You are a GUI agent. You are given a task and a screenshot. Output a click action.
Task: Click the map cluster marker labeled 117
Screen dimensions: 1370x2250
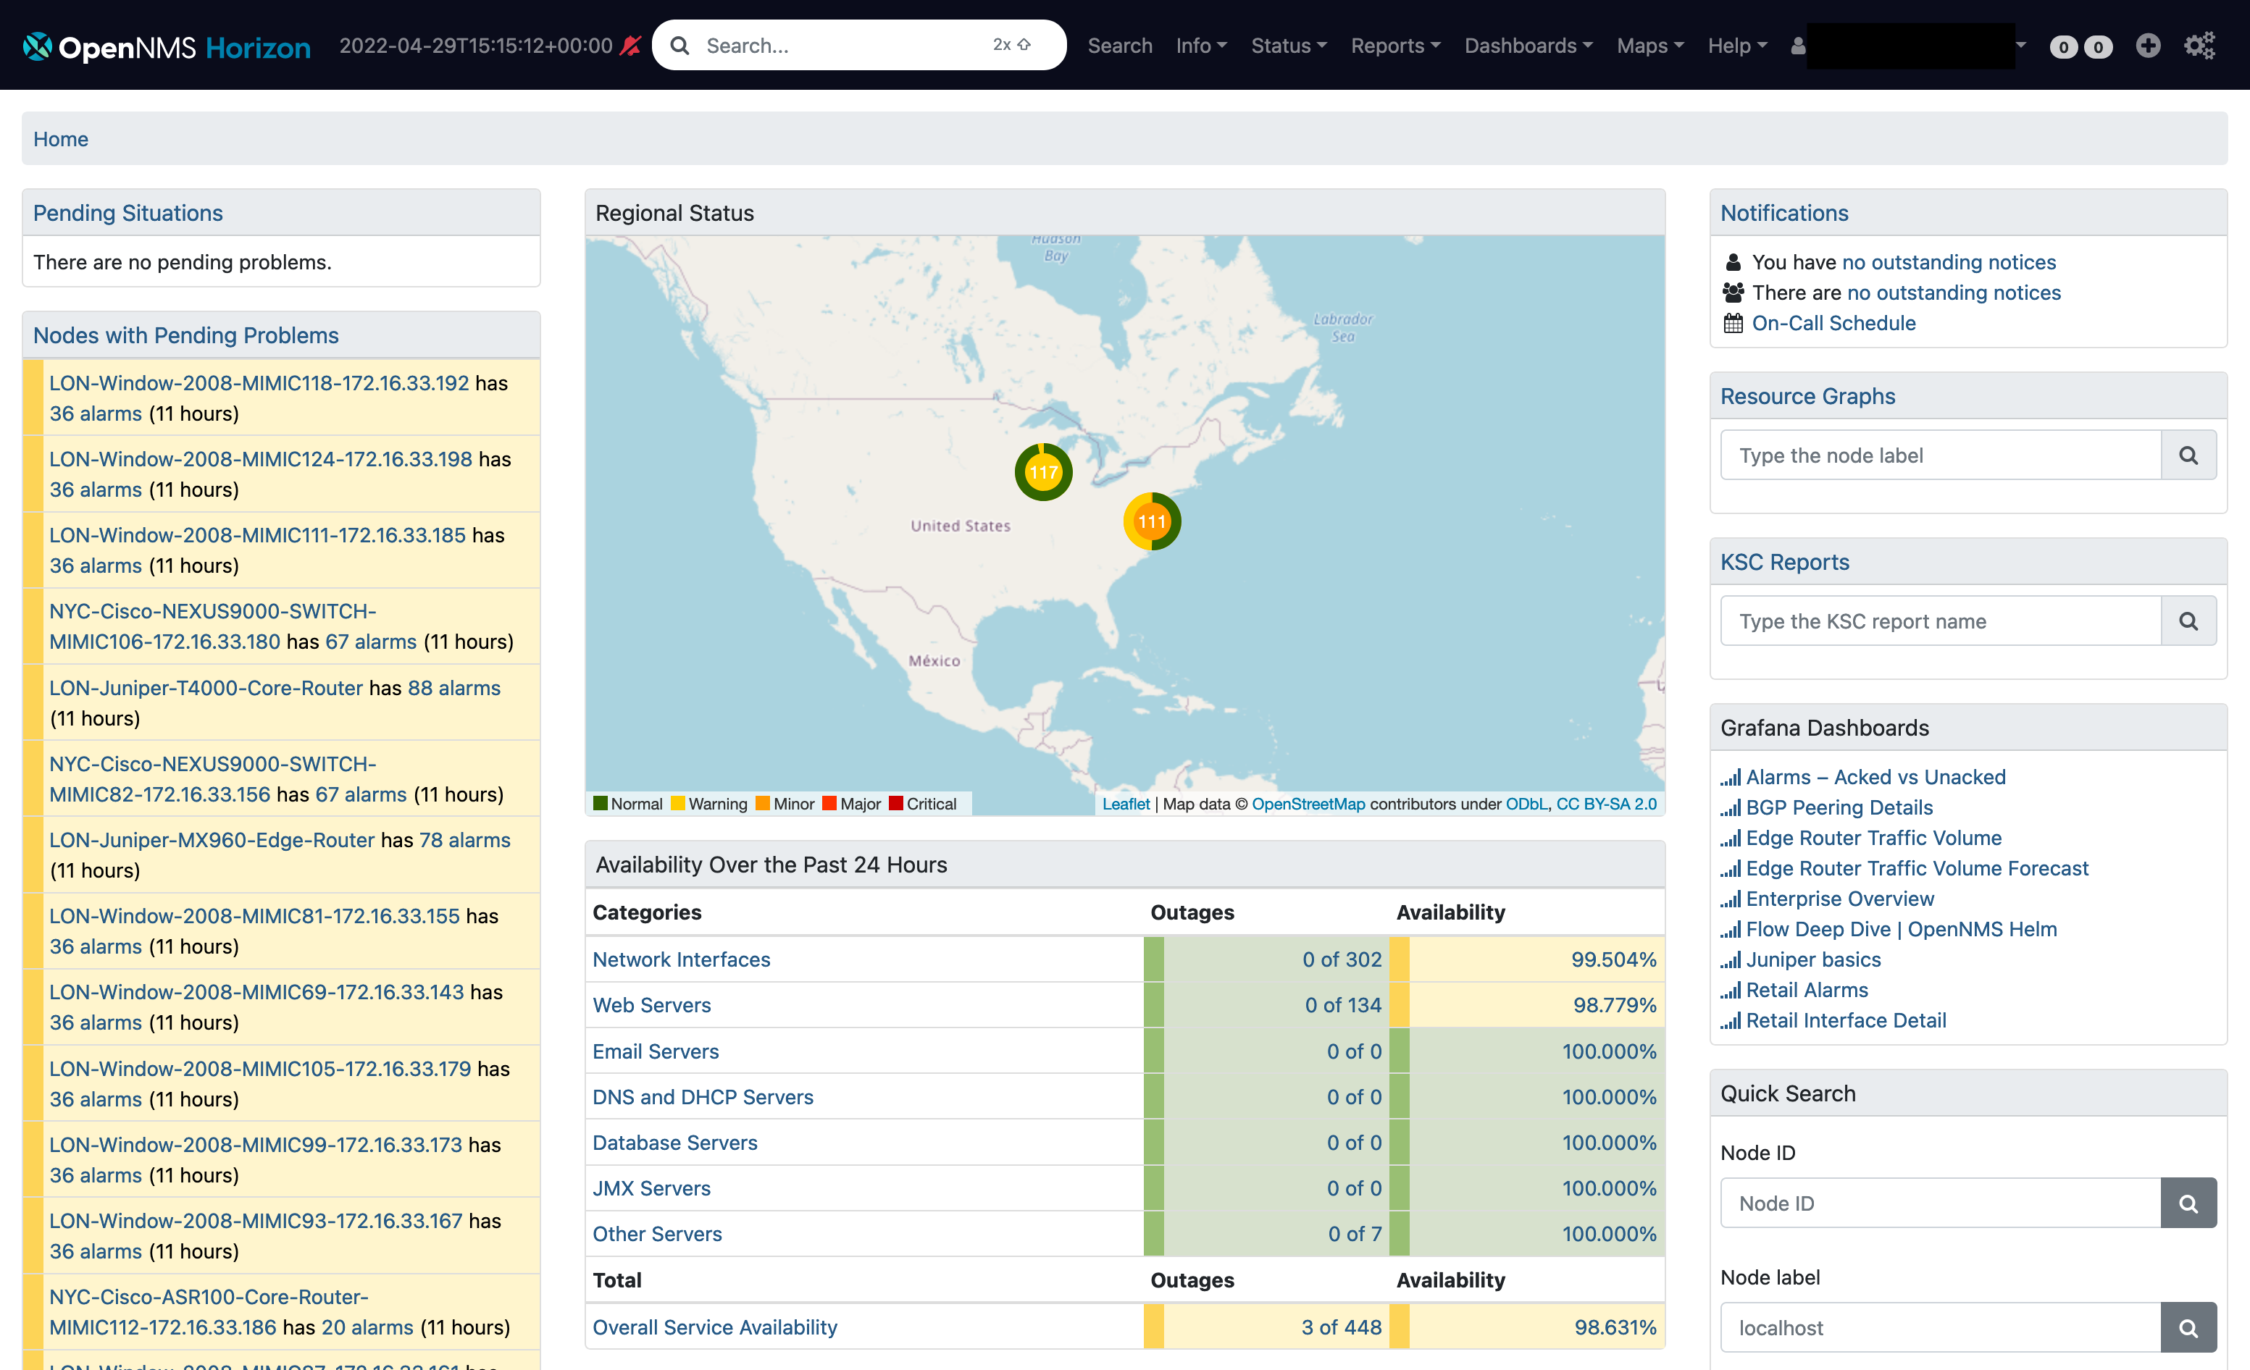1043,472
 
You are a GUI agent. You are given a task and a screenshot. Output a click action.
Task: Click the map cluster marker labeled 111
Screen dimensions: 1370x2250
1152,521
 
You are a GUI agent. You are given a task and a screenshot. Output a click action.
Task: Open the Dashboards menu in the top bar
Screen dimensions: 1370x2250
1528,46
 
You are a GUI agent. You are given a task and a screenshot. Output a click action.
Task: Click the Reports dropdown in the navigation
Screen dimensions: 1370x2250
1394,46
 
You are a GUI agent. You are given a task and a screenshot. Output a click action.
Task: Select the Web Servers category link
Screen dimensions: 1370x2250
651,1005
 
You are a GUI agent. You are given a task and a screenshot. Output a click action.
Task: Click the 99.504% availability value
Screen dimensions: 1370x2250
1613,959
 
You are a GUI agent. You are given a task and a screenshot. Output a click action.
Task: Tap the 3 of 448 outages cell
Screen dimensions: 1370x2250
1340,1327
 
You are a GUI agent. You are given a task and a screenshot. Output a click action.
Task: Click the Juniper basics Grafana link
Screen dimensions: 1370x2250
1812,959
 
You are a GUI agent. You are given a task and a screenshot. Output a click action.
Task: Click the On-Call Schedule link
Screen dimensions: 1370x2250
1833,323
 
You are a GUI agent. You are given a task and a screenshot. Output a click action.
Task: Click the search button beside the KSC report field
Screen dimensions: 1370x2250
2188,621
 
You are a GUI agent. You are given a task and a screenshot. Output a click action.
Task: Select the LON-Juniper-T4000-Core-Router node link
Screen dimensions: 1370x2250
206,688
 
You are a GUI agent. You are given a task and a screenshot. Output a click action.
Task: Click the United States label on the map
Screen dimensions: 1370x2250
960,526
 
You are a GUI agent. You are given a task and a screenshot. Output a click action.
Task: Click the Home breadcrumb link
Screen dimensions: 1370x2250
60,139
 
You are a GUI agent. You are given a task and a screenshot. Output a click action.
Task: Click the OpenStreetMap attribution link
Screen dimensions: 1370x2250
1308,804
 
